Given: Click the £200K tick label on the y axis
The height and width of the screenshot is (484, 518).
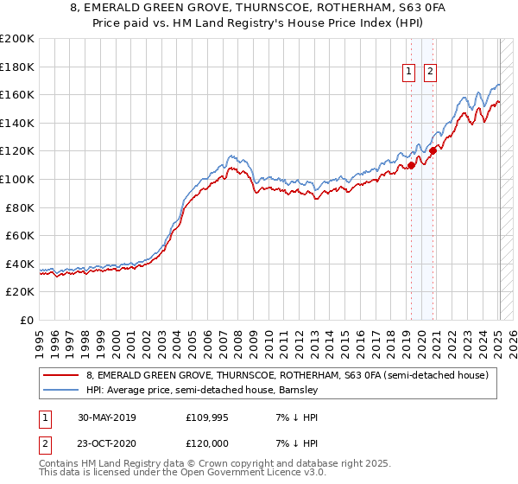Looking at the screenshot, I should pos(17,39).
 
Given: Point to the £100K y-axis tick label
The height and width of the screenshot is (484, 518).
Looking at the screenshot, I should pos(17,180).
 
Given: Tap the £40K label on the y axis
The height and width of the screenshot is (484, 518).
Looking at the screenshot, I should pos(20,264).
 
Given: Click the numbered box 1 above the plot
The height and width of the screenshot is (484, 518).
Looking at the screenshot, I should pos(407,73).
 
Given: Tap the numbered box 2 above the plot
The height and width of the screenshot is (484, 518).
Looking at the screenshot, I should pos(429,73).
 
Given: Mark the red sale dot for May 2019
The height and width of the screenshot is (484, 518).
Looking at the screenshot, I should pos(411,165).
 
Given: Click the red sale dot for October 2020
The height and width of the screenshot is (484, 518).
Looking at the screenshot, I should pos(433,151).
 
